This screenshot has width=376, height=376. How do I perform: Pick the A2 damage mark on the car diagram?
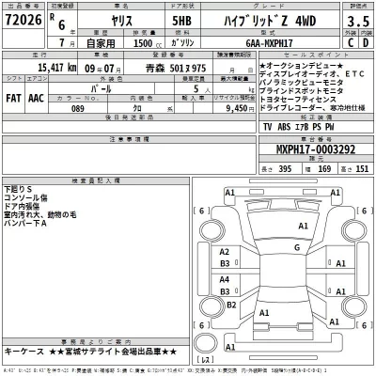point(225,253)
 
